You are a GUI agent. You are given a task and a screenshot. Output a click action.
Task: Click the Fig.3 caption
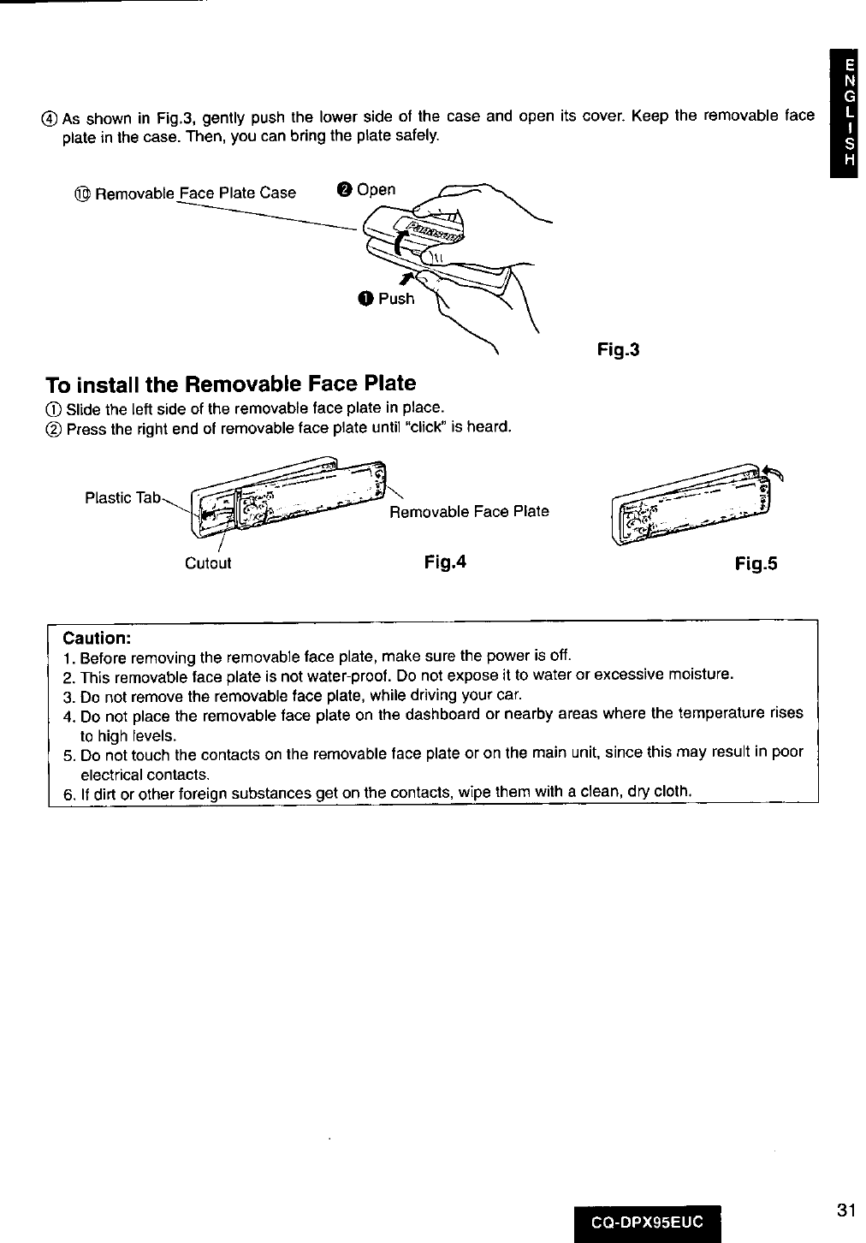(618, 350)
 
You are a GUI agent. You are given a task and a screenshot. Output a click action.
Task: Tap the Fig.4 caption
(445, 562)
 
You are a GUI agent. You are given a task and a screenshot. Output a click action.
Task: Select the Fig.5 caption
(756, 564)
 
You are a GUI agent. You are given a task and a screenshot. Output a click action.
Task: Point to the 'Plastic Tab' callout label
(122, 497)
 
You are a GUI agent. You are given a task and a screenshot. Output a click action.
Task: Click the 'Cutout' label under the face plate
(208, 564)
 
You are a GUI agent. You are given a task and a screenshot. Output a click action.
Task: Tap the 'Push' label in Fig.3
(395, 299)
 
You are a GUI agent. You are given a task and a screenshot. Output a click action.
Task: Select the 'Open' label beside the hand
(376, 189)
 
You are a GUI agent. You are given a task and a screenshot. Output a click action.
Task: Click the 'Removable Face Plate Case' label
(195, 193)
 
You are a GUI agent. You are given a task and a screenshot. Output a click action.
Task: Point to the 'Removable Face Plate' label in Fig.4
(469, 512)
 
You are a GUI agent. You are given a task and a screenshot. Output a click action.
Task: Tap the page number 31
(846, 1210)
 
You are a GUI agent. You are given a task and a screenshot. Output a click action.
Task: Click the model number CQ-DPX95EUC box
(648, 1222)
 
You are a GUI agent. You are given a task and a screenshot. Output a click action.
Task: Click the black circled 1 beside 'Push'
(365, 299)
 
